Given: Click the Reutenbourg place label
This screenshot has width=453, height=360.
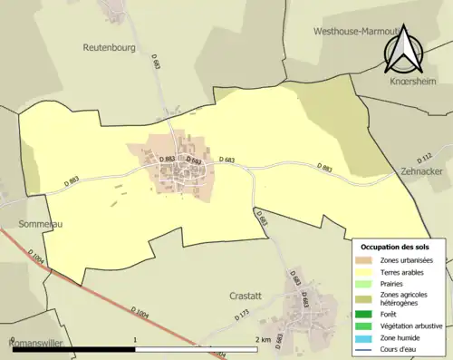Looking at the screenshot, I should (x=109, y=46).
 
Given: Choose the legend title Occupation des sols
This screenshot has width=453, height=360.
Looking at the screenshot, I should (x=397, y=246).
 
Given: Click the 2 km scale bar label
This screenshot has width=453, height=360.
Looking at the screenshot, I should (x=263, y=340).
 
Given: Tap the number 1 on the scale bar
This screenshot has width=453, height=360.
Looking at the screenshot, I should (x=135, y=340).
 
